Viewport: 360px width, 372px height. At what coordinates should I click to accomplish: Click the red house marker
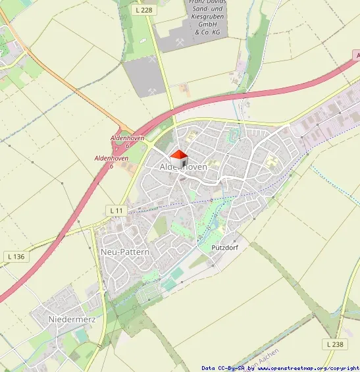[x=179, y=159]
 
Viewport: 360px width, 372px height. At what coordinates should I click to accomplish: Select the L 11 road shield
[x=116, y=210]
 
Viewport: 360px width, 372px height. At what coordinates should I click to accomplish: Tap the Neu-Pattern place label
[x=125, y=252]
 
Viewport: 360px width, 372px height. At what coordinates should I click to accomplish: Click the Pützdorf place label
[x=224, y=248]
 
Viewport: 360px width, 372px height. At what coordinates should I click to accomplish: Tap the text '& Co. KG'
[x=207, y=33]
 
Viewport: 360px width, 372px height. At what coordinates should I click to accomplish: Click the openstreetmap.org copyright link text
[x=312, y=368]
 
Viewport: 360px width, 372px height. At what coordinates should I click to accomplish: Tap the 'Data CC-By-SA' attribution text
[x=223, y=368]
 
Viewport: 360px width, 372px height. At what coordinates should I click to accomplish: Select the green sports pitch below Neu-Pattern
[x=169, y=284]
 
